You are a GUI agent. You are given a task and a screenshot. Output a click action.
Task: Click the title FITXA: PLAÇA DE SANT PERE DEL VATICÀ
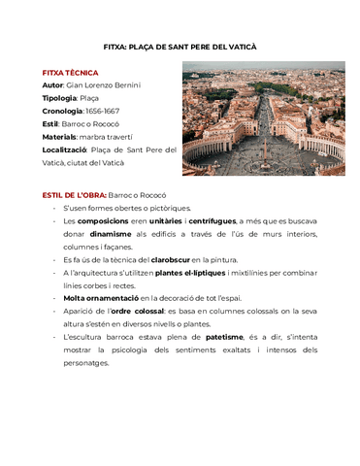[x=180, y=47]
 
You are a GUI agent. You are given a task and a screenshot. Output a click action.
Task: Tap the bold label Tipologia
[x=59, y=98]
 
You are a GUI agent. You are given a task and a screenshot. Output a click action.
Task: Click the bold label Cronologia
[x=63, y=112]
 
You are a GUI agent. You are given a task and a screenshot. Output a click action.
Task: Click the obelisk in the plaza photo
[x=262, y=148]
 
